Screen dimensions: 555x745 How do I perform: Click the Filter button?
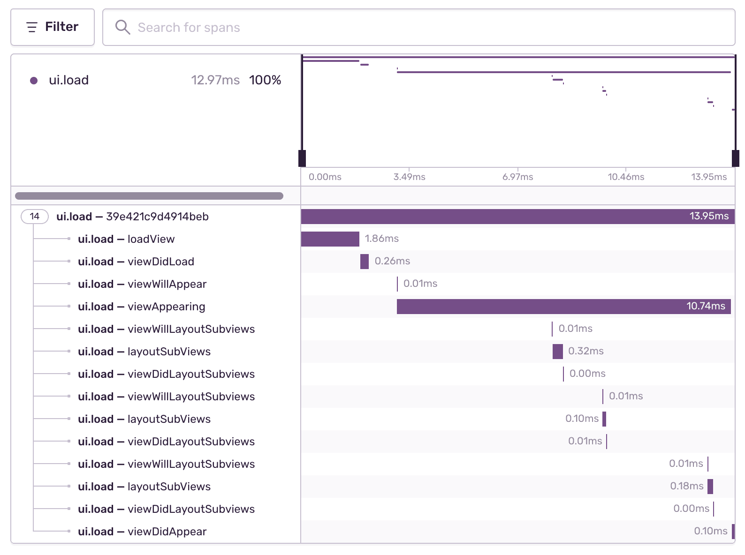click(53, 27)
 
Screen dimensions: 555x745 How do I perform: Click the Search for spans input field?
click(422, 27)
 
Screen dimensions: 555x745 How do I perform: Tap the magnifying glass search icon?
click(122, 27)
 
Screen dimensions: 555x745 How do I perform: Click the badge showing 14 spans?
click(35, 217)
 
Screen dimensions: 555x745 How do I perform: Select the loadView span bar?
click(330, 239)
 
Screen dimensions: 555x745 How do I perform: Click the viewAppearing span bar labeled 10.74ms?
click(563, 307)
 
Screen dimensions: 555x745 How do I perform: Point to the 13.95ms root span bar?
click(516, 217)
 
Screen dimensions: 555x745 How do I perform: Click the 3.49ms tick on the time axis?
click(409, 177)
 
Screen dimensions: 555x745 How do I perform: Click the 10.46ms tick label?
click(626, 177)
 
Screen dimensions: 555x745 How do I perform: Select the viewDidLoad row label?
click(136, 262)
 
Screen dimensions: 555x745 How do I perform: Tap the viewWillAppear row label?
click(142, 284)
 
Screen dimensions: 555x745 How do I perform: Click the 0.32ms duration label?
click(585, 351)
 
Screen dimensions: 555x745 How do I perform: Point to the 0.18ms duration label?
click(686, 486)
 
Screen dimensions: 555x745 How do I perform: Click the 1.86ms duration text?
click(381, 239)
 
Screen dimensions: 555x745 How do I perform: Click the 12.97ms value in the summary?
click(215, 80)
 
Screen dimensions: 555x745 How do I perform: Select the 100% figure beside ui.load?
click(265, 80)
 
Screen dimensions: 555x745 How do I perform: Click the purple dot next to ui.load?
click(34, 81)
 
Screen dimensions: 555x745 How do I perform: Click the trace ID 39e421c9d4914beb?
click(157, 217)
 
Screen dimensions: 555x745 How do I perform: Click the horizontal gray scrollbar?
click(149, 196)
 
